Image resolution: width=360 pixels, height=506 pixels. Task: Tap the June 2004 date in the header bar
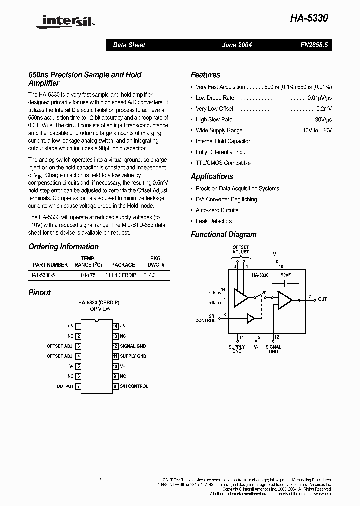(237, 45)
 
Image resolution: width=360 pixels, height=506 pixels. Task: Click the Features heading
(205, 75)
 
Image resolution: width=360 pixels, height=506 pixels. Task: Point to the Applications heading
(212, 176)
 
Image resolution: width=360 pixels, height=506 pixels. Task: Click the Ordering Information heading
(63, 247)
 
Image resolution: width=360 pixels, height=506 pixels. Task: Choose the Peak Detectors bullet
(214, 221)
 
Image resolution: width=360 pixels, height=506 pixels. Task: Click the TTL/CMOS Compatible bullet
(223, 163)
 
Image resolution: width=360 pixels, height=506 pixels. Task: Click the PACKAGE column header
(123, 265)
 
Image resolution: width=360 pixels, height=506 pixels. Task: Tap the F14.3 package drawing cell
(149, 275)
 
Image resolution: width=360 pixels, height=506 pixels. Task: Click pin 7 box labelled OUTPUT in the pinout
(78, 386)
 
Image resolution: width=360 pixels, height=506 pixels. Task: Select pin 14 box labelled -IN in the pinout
(115, 326)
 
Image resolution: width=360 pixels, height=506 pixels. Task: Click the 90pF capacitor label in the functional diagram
(286, 275)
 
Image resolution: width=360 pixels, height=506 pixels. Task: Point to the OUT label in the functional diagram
(322, 299)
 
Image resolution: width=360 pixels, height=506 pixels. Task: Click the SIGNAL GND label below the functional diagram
(273, 349)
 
